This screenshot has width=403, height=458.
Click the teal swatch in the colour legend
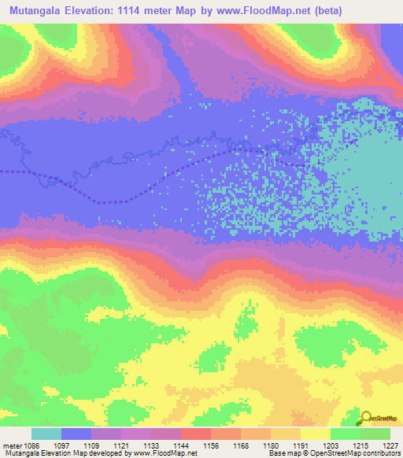(x=46, y=434)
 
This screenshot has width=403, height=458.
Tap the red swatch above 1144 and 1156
(x=195, y=434)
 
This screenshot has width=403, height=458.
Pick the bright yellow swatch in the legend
(x=315, y=434)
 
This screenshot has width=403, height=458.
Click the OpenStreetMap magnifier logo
(x=367, y=418)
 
